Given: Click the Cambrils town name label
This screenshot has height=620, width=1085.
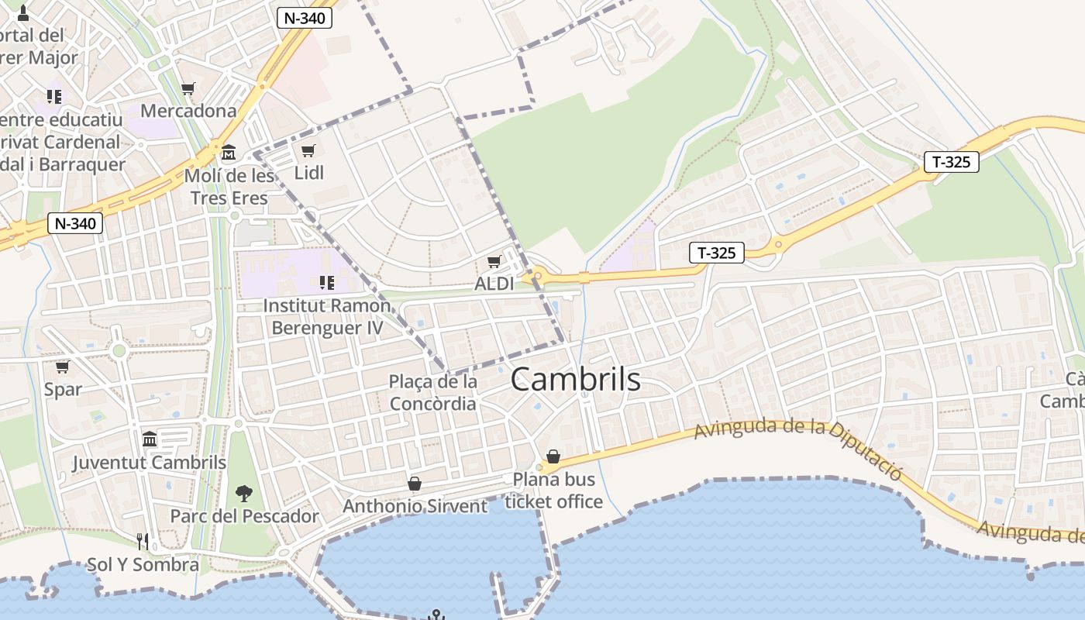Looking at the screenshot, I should point(576,380).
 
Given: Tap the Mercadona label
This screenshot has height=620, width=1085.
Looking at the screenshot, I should point(188,111).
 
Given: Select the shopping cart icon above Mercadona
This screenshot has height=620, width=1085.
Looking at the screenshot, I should point(188,89).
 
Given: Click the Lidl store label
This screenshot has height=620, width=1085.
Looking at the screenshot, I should point(309,173).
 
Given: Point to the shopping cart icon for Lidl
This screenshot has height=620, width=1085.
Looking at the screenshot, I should point(308,150).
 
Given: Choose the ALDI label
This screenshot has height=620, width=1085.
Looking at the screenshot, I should point(494,284).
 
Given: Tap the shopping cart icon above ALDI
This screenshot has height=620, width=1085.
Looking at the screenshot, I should point(494,263).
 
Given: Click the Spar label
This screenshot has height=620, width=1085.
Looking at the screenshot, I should point(63,389).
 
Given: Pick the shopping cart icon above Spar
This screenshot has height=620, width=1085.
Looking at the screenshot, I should point(63,367).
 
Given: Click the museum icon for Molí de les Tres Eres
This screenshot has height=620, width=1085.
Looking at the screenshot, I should point(229,151).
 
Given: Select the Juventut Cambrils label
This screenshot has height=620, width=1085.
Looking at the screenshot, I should point(150,463).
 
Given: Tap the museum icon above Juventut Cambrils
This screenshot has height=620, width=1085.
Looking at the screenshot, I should point(150,440).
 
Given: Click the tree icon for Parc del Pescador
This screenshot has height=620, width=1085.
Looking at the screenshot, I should point(244,493).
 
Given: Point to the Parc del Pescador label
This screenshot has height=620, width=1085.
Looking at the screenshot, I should point(244,516).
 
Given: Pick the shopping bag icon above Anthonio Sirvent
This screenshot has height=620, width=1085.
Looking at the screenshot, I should point(415,484).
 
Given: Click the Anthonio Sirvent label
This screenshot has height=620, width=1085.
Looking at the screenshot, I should point(415,507).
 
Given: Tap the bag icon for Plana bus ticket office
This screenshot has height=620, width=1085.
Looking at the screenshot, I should point(553,456).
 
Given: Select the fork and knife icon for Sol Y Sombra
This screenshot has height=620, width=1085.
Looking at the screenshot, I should point(143,541).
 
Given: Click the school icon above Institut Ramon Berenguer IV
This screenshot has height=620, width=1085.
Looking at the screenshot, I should point(326,283).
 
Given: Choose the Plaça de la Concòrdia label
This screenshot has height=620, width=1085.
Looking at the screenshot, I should point(433,393).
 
